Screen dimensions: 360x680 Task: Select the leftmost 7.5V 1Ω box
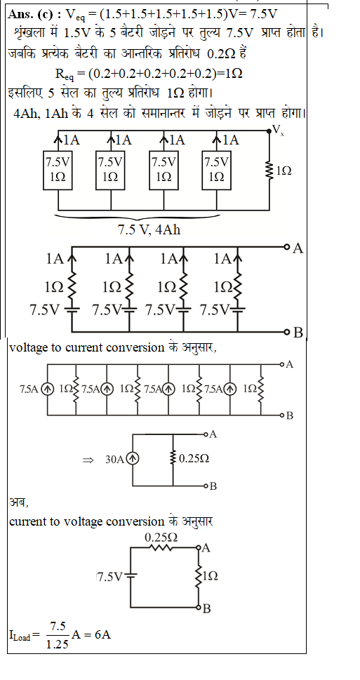(58, 170)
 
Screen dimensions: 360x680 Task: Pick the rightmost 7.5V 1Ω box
(216, 170)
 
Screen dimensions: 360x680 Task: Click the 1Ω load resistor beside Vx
(269, 171)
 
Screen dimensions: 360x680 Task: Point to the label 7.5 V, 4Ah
(149, 229)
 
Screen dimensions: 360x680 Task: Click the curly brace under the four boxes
(138, 216)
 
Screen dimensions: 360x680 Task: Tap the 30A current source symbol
(133, 459)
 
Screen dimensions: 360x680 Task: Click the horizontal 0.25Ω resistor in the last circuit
(161, 548)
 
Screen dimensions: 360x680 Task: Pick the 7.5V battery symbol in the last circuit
(131, 576)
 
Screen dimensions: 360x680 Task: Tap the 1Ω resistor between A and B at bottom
(199, 577)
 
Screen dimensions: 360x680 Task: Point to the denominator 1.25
(58, 644)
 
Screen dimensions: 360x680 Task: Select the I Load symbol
(20, 636)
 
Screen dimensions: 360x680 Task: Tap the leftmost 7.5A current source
(47, 389)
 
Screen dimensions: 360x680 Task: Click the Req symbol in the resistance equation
(65, 74)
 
